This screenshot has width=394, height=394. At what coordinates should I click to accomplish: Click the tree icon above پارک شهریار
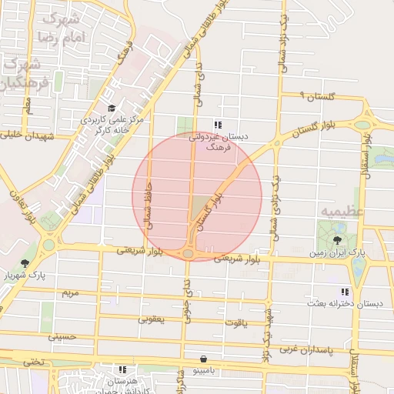(25, 262)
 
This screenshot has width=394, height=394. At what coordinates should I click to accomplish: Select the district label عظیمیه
(338, 209)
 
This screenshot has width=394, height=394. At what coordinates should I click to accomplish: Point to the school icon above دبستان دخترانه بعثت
(344, 292)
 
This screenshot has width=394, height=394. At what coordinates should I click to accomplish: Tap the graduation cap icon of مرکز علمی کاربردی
(112, 108)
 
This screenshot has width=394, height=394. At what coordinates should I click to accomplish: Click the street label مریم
(70, 293)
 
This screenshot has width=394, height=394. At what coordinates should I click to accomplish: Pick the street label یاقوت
(235, 322)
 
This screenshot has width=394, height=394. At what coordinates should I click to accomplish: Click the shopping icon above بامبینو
(202, 359)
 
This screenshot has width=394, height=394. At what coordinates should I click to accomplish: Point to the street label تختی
(32, 362)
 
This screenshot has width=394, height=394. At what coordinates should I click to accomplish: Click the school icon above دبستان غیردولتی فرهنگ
(218, 124)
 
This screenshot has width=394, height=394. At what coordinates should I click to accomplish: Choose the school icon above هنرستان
(122, 369)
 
